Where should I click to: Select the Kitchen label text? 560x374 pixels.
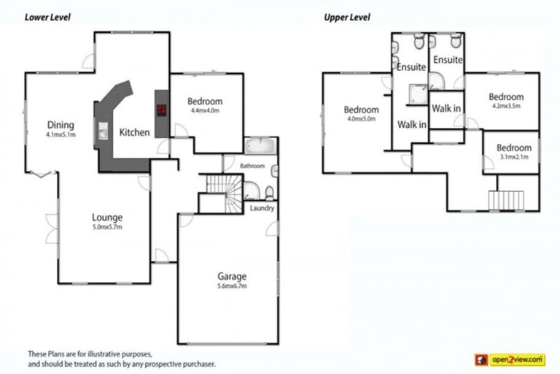click(x=134, y=132)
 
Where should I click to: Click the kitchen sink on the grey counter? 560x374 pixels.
click(x=103, y=132)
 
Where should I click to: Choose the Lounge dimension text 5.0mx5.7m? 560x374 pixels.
click(x=106, y=228)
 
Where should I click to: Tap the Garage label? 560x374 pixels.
click(x=232, y=276)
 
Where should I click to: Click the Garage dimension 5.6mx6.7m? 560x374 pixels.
click(x=232, y=286)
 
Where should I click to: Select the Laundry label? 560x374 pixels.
click(x=261, y=209)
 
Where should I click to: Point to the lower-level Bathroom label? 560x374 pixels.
click(x=252, y=167)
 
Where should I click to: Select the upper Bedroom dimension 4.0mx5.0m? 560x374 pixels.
click(x=361, y=120)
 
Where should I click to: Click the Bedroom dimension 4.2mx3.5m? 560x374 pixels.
click(x=506, y=107)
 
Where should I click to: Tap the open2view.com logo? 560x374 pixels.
click(x=510, y=359)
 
